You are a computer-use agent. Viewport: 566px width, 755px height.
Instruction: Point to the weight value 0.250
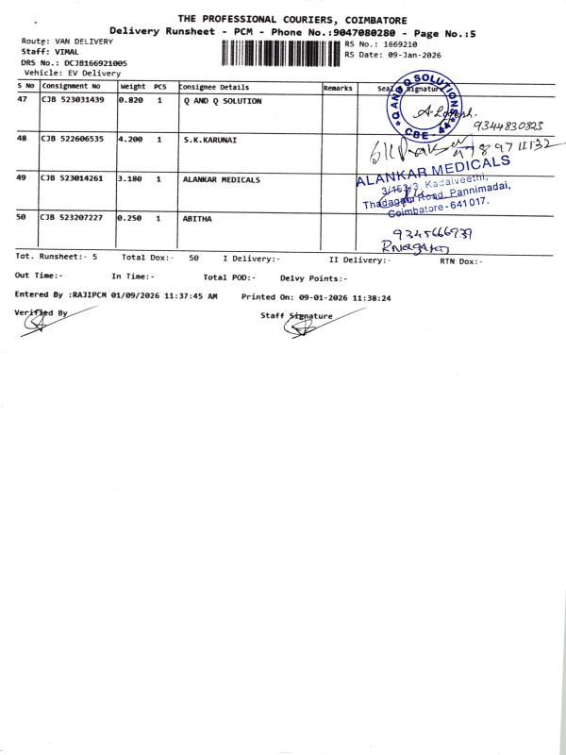click(129, 217)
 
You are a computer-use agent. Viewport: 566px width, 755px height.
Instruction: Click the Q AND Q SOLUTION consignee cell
click(223, 100)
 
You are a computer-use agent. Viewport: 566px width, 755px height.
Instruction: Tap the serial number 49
click(23, 178)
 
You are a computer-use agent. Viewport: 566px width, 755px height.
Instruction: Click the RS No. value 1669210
click(396, 44)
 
